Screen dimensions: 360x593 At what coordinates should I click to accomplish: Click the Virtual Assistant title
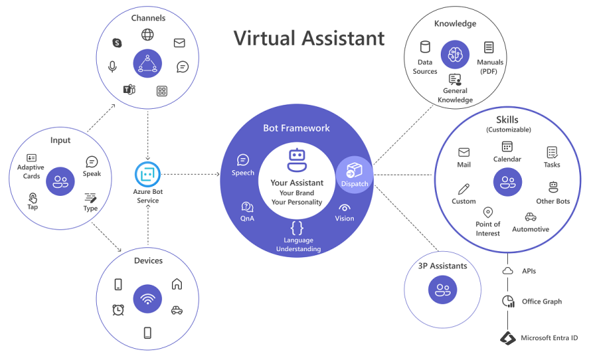click(309, 38)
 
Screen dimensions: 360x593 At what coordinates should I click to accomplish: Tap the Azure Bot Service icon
click(148, 175)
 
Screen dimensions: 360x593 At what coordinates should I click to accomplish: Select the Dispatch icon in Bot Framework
click(354, 170)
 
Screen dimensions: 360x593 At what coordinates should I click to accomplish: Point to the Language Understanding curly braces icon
click(298, 227)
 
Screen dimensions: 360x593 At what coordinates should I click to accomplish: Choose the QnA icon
click(248, 207)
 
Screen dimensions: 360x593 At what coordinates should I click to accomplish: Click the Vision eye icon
click(344, 207)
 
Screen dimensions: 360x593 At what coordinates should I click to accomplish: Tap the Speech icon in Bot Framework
click(242, 160)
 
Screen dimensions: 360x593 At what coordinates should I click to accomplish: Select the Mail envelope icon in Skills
click(464, 152)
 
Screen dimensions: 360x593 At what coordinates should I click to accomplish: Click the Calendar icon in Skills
click(507, 146)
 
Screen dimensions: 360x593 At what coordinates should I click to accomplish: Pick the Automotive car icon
click(530, 217)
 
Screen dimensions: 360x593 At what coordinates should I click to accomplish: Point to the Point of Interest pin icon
click(488, 212)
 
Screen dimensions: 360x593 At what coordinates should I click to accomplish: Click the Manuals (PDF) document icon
click(489, 47)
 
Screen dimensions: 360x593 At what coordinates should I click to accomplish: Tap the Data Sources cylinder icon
click(425, 47)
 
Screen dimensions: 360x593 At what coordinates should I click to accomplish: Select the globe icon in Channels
click(148, 35)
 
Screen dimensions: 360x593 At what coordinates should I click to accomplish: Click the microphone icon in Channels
click(113, 67)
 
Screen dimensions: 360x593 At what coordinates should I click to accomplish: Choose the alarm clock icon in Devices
click(119, 309)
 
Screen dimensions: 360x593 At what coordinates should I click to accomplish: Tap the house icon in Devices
click(177, 284)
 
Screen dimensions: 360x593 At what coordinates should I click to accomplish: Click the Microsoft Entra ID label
click(549, 338)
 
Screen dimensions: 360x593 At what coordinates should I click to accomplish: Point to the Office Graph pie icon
click(508, 301)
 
